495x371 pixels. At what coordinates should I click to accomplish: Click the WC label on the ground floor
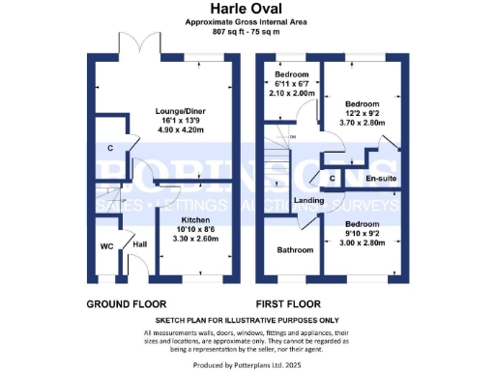pyautogui.click(x=106, y=245)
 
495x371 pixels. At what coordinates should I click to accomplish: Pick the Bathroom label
pyautogui.click(x=294, y=250)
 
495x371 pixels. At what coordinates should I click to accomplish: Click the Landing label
pyautogui.click(x=308, y=201)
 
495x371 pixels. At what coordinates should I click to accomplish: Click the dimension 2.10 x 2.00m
pyautogui.click(x=291, y=93)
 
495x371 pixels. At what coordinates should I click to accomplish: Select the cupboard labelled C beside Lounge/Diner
pyautogui.click(x=111, y=149)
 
